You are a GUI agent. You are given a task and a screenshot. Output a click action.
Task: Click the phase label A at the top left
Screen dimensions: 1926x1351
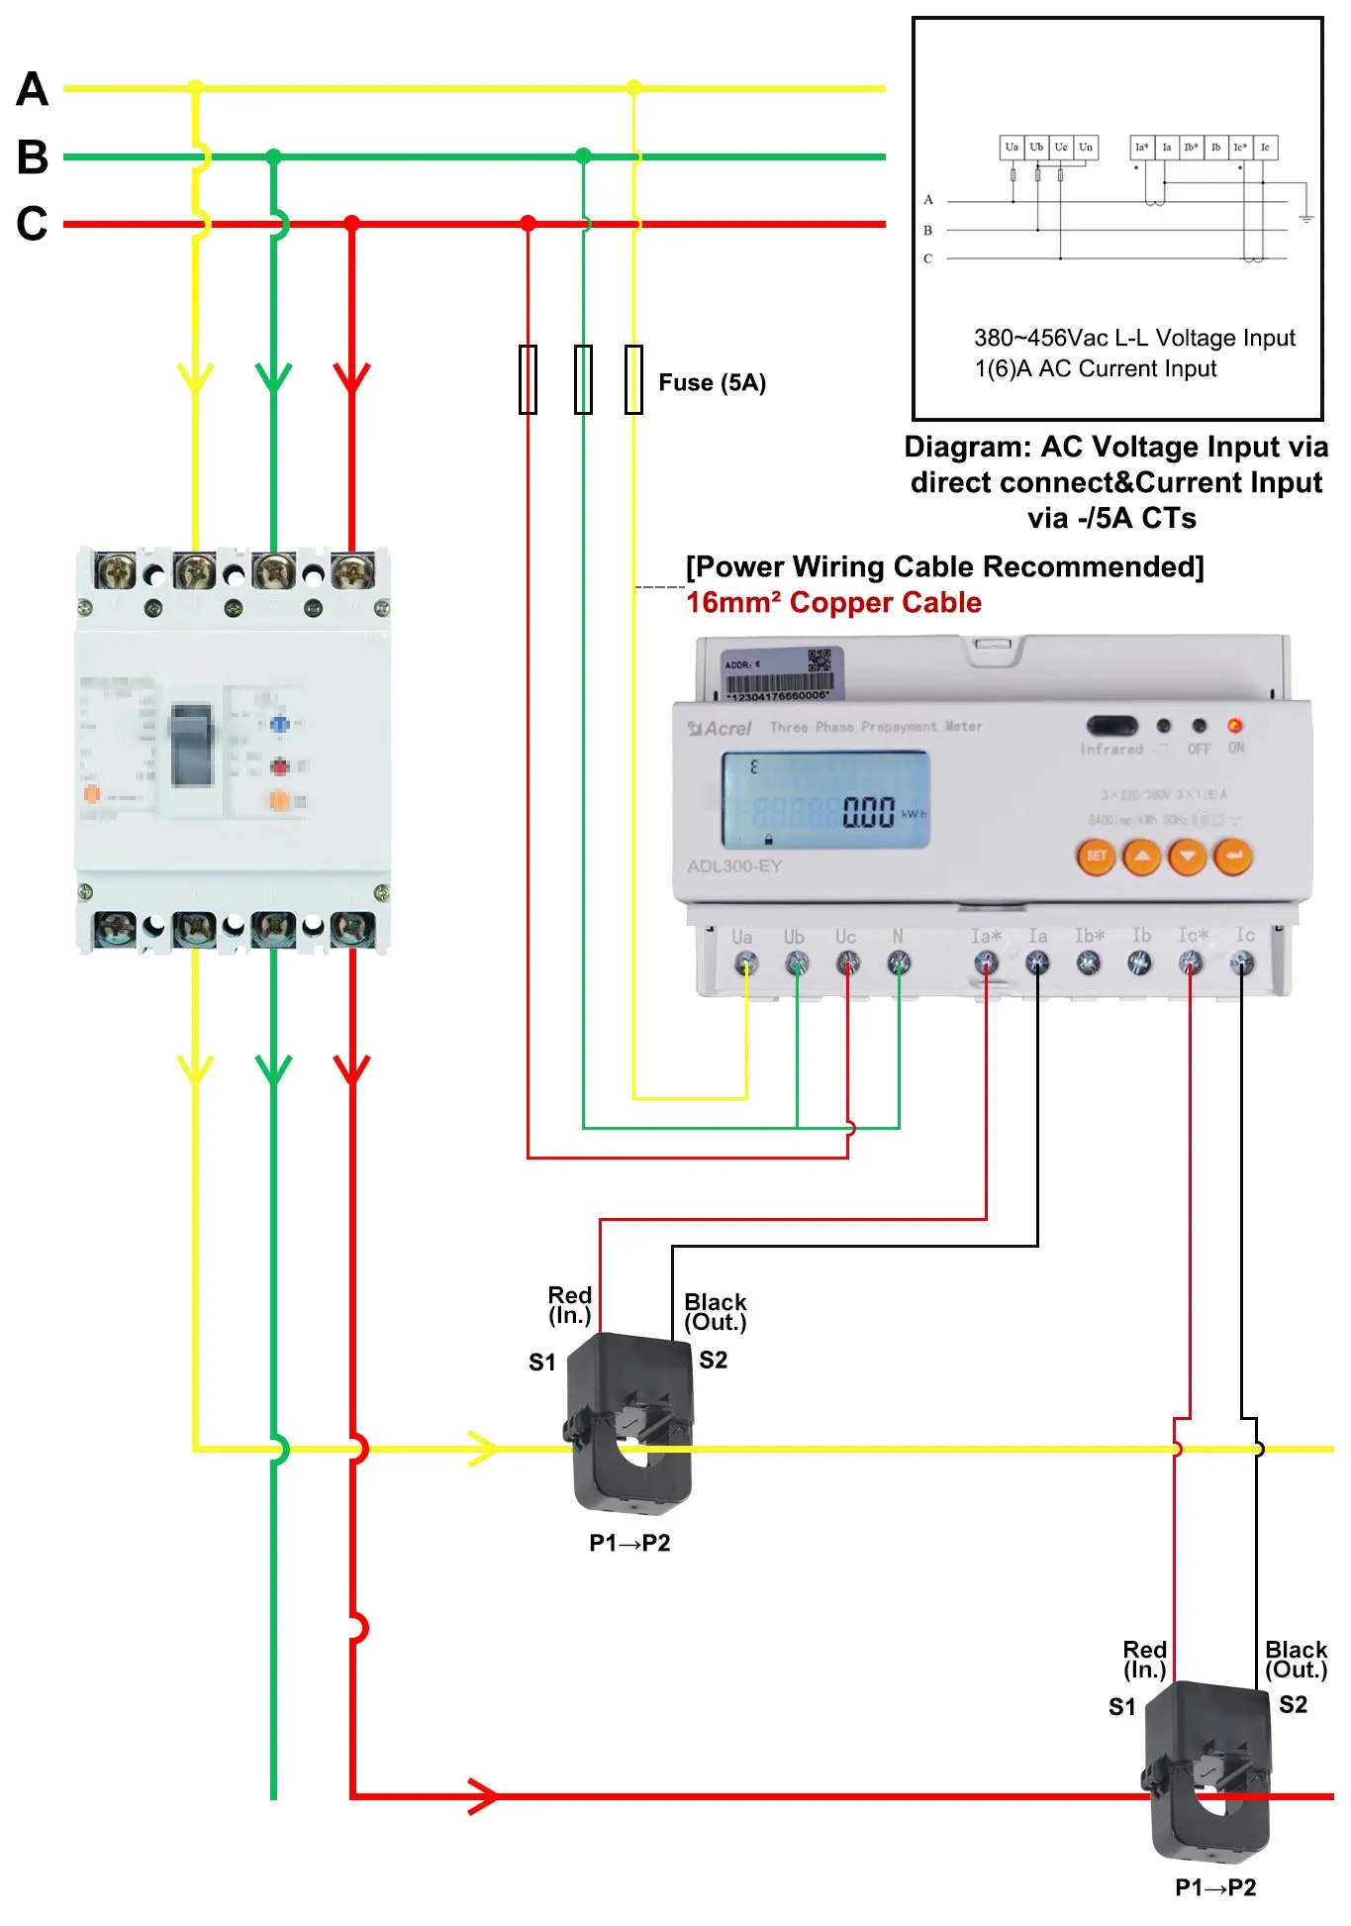coord(32,89)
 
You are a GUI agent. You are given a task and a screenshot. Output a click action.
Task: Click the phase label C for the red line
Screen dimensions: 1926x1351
coord(32,224)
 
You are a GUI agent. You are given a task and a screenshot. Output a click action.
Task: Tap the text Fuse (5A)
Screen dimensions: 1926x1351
coord(712,383)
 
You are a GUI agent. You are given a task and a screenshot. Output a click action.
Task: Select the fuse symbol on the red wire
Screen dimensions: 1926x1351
coord(529,379)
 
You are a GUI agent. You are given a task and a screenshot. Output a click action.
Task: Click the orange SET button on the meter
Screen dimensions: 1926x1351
coord(1097,857)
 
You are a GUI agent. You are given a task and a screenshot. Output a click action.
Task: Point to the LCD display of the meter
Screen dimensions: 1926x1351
coord(825,800)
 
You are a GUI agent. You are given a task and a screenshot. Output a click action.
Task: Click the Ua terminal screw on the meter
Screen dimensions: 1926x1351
coord(746,963)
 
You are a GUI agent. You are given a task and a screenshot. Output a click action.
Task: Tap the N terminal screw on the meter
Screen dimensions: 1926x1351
coord(899,963)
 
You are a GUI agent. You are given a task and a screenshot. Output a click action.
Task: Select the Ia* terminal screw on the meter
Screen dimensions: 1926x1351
coord(986,963)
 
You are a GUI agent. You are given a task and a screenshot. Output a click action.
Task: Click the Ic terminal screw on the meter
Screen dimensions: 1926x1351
coord(1241,963)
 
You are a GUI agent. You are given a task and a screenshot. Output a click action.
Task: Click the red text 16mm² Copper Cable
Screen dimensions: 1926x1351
coord(833,603)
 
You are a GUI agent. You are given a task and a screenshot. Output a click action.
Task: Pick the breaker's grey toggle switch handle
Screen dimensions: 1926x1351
coord(192,745)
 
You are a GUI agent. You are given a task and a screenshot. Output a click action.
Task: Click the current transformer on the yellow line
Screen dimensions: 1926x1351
coord(629,1424)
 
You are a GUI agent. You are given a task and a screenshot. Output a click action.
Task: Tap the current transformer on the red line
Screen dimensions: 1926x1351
coord(1209,1773)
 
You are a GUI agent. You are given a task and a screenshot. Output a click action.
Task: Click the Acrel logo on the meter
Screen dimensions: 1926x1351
coord(721,729)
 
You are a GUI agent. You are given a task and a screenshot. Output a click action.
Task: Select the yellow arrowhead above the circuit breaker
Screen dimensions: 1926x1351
coord(195,377)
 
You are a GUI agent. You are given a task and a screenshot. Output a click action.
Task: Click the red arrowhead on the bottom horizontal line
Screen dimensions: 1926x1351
coord(483,1796)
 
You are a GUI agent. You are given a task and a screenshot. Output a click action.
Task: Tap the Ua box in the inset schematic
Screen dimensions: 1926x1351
coord(1012,148)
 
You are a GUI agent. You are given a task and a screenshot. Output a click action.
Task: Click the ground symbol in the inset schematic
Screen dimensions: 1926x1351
coord(1305,218)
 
